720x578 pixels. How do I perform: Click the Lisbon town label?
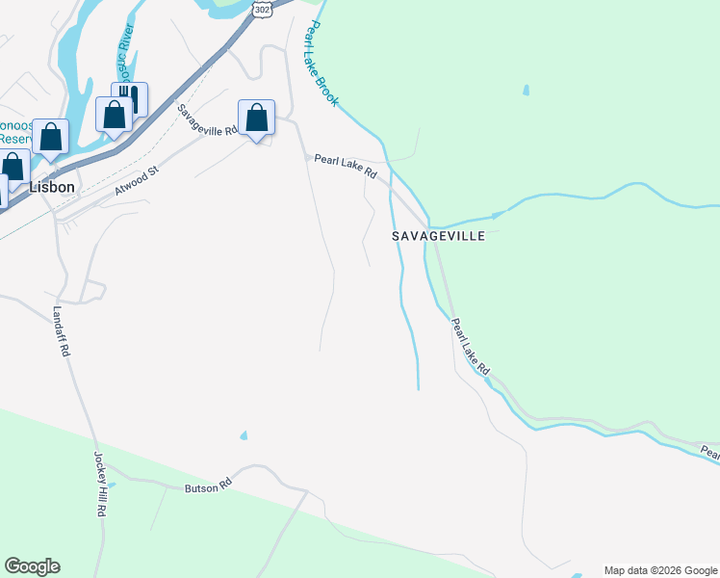tap(51, 187)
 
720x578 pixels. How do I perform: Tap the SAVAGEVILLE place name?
tap(438, 236)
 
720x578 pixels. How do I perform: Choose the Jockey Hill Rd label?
tap(98, 485)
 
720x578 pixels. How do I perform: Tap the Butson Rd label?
tap(209, 486)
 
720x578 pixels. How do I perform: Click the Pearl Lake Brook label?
tap(321, 53)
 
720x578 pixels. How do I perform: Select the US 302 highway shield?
tap(263, 7)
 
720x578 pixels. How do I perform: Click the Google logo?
tap(32, 566)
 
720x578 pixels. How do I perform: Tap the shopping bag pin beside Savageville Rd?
tap(256, 119)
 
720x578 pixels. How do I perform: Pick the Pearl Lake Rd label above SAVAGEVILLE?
tap(345, 166)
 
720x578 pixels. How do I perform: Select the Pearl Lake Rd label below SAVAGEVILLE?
tap(471, 349)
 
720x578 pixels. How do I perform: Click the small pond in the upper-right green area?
tap(526, 92)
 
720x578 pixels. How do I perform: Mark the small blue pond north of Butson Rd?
tap(243, 435)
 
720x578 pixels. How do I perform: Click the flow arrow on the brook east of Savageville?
tap(498, 215)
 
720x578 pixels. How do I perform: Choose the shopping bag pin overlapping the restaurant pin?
tap(114, 116)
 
